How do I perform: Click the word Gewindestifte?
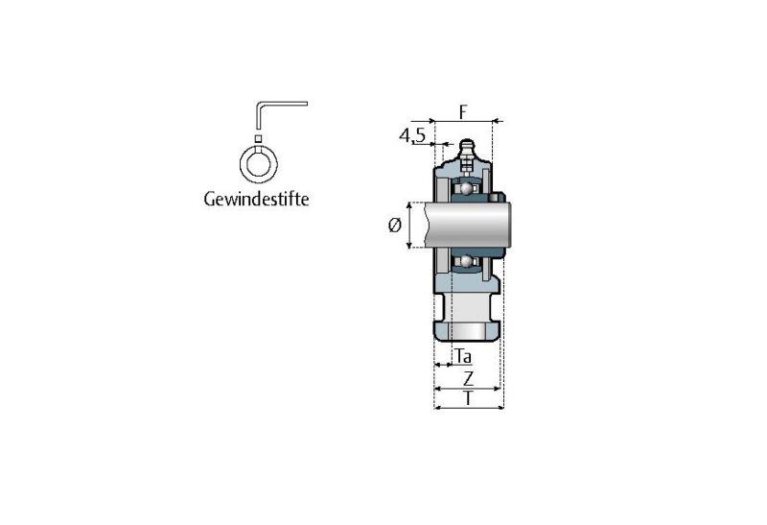(256, 200)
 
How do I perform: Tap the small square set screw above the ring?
(258, 138)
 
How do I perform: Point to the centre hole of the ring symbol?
(258, 163)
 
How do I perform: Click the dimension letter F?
(463, 112)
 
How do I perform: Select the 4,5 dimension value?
(413, 135)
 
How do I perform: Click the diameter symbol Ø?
(395, 225)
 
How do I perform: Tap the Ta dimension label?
(463, 356)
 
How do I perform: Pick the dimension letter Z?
(469, 378)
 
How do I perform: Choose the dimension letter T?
(469, 398)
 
